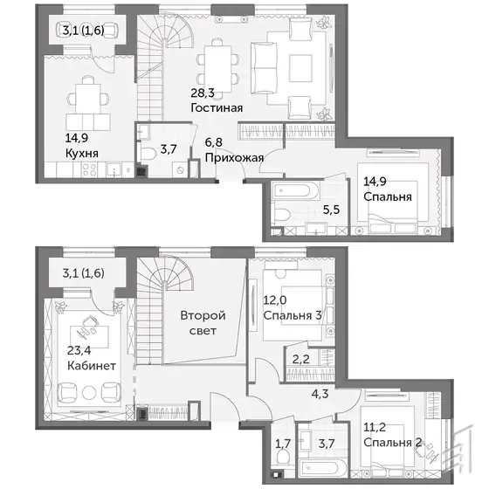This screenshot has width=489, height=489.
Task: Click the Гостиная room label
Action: pyautogui.click(x=217, y=108)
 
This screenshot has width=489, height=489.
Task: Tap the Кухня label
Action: pyautogui.click(x=82, y=153)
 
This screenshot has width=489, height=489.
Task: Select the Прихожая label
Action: pyautogui.click(x=234, y=158)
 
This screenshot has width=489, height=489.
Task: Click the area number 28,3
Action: pyautogui.click(x=203, y=93)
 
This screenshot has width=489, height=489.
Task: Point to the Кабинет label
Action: pyautogui.click(x=92, y=366)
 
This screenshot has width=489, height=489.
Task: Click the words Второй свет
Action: pyautogui.click(x=203, y=323)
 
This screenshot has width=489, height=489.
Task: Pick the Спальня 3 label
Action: pyautogui.click(x=293, y=315)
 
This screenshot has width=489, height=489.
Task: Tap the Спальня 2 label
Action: pyautogui.click(x=392, y=443)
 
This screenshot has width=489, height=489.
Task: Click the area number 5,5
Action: pyautogui.click(x=331, y=210)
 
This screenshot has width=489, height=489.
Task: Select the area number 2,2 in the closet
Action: pyautogui.click(x=301, y=359)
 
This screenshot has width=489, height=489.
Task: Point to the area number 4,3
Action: pyautogui.click(x=320, y=394)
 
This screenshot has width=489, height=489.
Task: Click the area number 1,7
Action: pyautogui.click(x=283, y=444)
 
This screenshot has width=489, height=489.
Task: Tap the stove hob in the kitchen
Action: pyautogui.click(x=90, y=170)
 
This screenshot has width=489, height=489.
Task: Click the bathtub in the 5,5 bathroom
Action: pyautogui.click(x=295, y=190)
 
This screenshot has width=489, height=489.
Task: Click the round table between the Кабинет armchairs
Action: pyautogui.click(x=89, y=393)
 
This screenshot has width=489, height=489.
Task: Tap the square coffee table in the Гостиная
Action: pyautogui.click(x=300, y=68)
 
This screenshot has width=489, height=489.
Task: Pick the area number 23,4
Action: pyautogui.click(x=79, y=350)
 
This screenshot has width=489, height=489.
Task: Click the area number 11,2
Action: pyautogui.click(x=375, y=427)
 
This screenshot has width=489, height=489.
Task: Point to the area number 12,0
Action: pyautogui.click(x=275, y=300)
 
